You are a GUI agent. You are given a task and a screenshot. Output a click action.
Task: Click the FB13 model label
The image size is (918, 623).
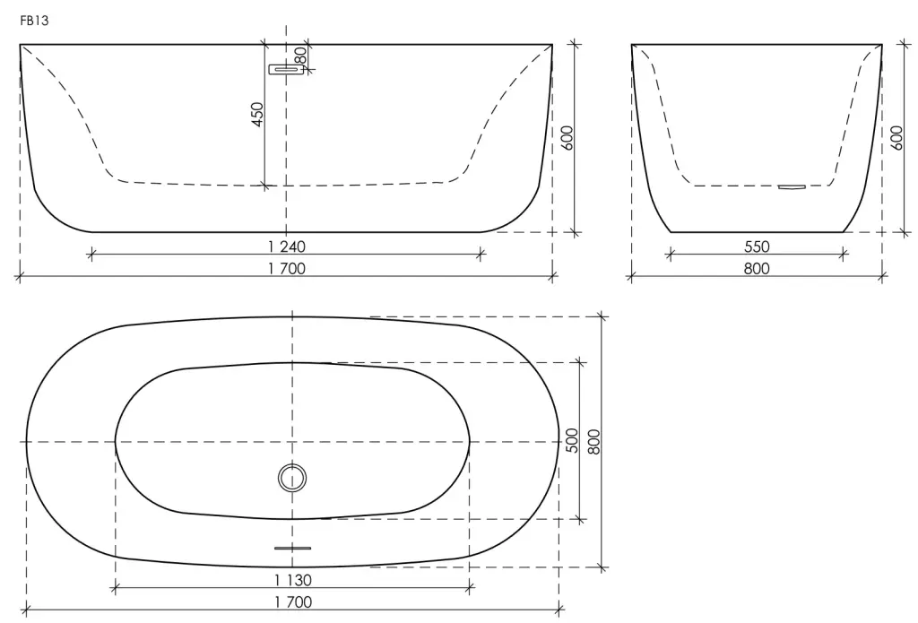tap(34, 22)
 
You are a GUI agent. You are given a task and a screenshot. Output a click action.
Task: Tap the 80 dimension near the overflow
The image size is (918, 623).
tap(299, 56)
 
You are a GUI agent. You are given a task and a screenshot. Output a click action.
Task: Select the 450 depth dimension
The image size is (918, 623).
tap(257, 115)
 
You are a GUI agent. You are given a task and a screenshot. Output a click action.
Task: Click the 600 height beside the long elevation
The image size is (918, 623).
tap(567, 138)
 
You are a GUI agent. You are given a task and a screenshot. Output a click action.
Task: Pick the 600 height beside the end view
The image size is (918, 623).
tap(896, 138)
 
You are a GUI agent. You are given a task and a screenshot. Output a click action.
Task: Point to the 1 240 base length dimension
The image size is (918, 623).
tap(287, 247)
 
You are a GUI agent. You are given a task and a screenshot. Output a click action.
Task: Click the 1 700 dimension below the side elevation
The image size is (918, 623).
tap(287, 269)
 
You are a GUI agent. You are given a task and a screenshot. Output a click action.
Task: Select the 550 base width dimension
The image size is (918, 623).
tap(757, 247)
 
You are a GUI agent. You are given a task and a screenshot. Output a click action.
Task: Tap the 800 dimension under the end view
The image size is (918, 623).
tap(757, 269)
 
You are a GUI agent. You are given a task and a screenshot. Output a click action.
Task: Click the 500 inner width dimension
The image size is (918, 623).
tap(572, 440)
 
